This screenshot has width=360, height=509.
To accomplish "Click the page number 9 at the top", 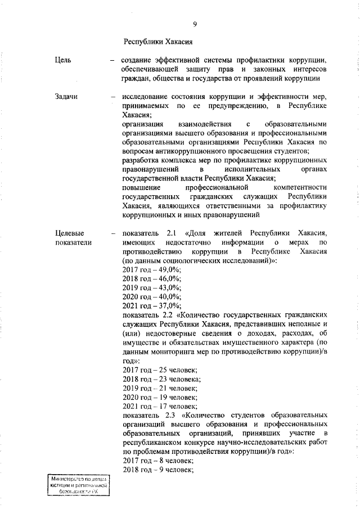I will (194, 23).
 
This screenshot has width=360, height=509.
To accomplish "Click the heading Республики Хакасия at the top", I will (158, 41).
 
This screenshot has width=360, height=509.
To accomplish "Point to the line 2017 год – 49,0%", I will (151, 271).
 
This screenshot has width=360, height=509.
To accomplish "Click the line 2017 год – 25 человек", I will (159, 370).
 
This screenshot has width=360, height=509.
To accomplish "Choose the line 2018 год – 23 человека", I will (161, 379).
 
